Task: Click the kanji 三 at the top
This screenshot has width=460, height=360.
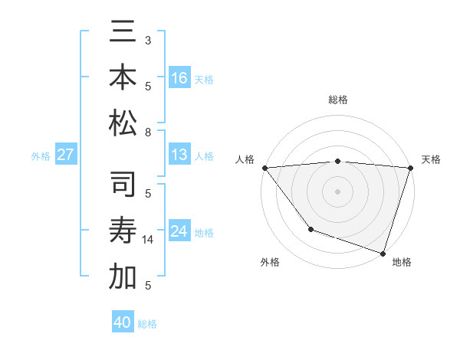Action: point(123,33)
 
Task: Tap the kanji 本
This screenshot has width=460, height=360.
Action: point(123,77)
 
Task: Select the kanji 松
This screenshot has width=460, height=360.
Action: point(123,123)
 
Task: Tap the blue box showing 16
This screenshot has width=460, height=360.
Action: point(179,77)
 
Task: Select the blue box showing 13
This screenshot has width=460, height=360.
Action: point(179,155)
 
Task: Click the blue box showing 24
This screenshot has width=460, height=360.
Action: point(179,231)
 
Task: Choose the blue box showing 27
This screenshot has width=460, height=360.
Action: point(66,155)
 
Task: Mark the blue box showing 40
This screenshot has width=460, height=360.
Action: point(123,322)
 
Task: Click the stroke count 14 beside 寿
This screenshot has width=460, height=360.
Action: point(148,240)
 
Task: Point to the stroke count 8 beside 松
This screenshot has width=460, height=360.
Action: point(148,133)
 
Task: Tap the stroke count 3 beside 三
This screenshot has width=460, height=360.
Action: point(148,40)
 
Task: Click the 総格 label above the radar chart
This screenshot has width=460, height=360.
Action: point(338,100)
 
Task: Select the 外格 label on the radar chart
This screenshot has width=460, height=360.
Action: point(270,263)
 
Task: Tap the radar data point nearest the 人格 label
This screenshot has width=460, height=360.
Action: point(264,168)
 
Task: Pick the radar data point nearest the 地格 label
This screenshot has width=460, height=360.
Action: point(383,253)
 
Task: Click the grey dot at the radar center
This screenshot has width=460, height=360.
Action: point(338,191)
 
